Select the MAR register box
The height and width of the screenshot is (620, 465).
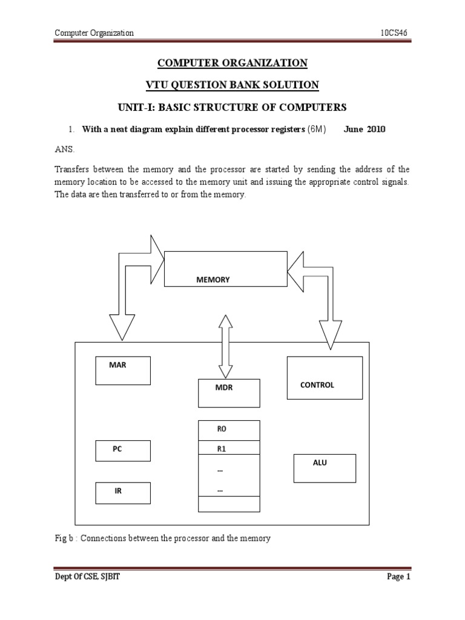click(x=123, y=370)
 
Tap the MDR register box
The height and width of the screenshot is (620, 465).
click(x=229, y=393)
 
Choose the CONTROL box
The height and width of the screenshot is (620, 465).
click(x=324, y=378)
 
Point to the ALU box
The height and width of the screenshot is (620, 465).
click(x=324, y=468)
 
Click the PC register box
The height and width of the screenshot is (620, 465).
click(x=123, y=450)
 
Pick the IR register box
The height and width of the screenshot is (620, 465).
click(x=123, y=492)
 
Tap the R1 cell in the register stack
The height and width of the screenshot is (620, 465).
click(x=229, y=449)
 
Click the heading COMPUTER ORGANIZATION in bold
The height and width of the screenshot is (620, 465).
click(x=232, y=63)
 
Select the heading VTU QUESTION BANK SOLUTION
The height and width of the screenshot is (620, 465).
click(x=232, y=85)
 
